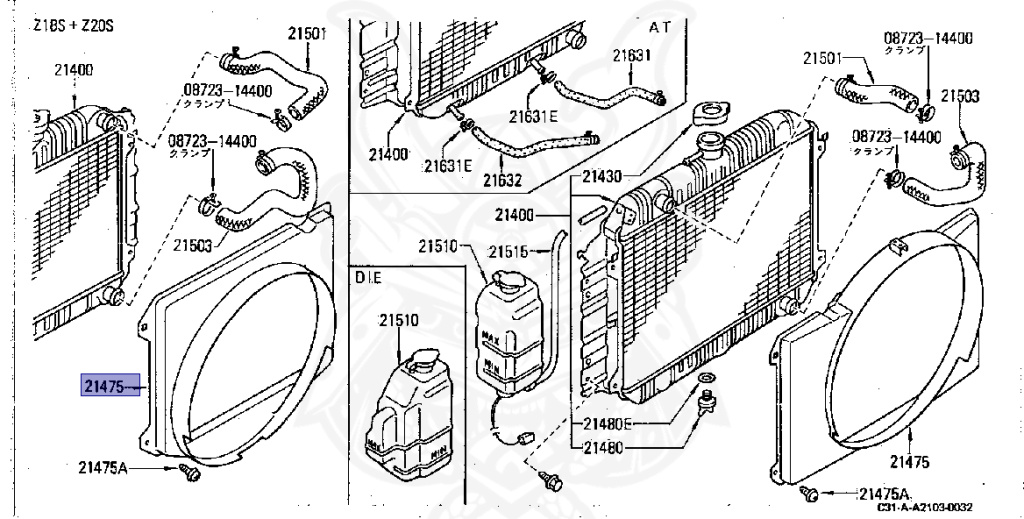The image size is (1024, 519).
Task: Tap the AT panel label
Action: tap(662, 24)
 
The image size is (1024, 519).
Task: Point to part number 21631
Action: tap(631, 55)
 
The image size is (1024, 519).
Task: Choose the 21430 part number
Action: tap(603, 177)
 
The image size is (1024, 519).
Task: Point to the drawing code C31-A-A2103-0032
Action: tap(925, 508)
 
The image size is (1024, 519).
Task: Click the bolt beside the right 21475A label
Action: tap(813, 493)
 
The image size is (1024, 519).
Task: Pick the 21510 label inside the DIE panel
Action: tap(398, 322)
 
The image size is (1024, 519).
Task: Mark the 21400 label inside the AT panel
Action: tap(387, 154)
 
